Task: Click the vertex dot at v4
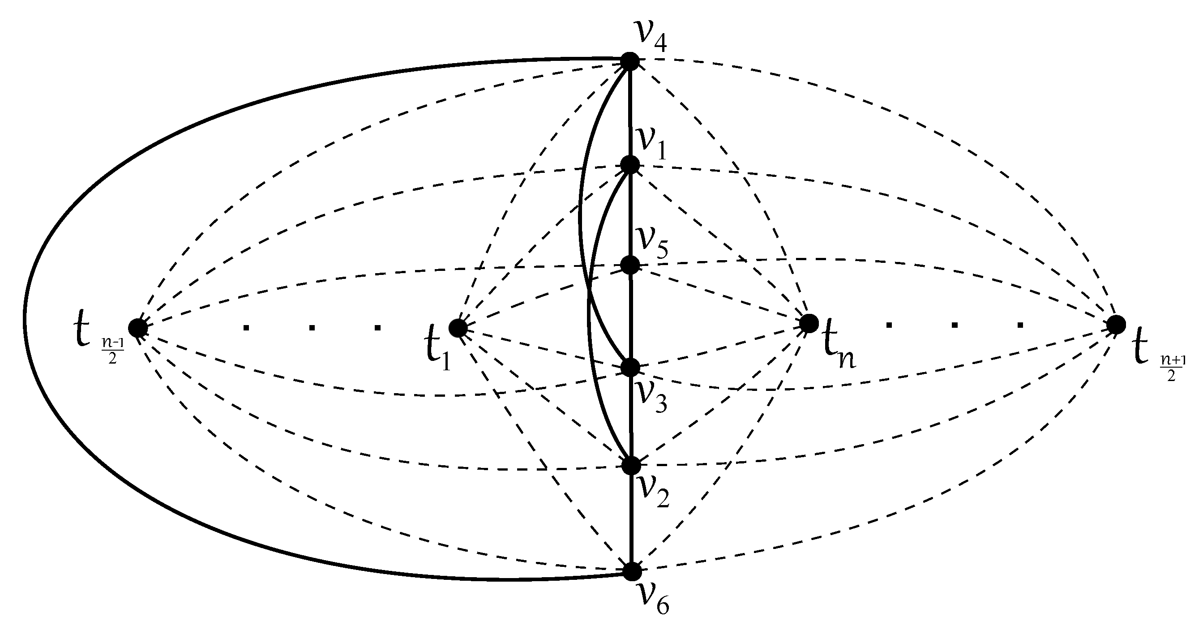[630, 61]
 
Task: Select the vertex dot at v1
[630, 164]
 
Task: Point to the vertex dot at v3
[630, 368]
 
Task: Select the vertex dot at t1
[458, 328]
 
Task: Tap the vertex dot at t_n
[809, 323]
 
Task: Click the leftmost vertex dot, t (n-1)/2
[138, 328]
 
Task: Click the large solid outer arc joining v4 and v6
[24, 317]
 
